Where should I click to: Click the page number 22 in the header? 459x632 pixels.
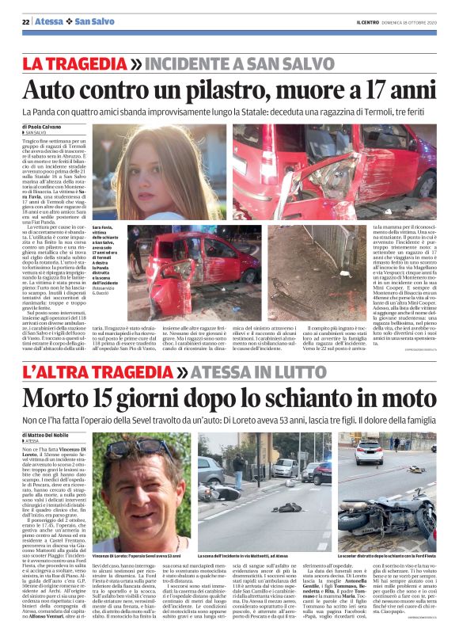pyautogui.click(x=25, y=21)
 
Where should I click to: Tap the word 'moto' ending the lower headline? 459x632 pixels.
pyautogui.click(x=404, y=397)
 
